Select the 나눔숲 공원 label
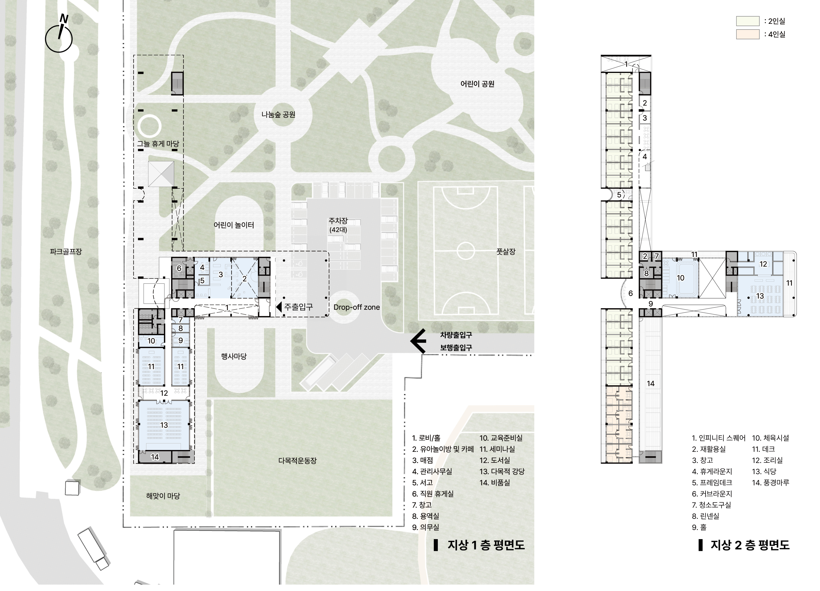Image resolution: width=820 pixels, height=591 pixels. pos(278,115)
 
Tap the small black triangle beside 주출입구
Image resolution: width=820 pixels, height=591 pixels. pos(279,307)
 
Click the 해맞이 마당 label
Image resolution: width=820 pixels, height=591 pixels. pos(163,496)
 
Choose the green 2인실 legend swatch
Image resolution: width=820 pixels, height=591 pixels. pos(748,21)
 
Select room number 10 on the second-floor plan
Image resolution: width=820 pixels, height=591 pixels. pos(680,278)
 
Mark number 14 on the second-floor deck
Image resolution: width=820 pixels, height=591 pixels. pos(650,384)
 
